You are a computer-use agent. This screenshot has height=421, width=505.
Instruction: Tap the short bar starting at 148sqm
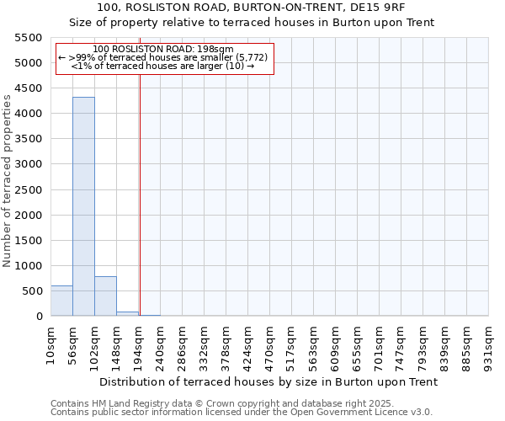point(127,313)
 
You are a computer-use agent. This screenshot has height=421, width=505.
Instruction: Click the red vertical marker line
point(140,185)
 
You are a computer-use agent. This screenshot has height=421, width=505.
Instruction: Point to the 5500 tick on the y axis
point(29,38)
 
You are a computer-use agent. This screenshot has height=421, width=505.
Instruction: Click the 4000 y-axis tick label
point(29,114)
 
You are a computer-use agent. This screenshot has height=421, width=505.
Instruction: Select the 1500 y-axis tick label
point(29,241)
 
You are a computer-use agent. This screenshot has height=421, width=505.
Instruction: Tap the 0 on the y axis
point(39,317)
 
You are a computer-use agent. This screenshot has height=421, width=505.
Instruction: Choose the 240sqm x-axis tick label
point(160,345)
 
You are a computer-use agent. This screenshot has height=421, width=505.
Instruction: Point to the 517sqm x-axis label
point(291,345)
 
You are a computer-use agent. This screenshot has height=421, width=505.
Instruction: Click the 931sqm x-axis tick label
point(488,345)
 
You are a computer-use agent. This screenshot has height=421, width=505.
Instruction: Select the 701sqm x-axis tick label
point(379,345)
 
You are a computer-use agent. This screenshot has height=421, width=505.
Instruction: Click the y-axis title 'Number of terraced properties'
point(8,180)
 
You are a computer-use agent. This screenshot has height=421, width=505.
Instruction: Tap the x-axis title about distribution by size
point(269,381)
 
